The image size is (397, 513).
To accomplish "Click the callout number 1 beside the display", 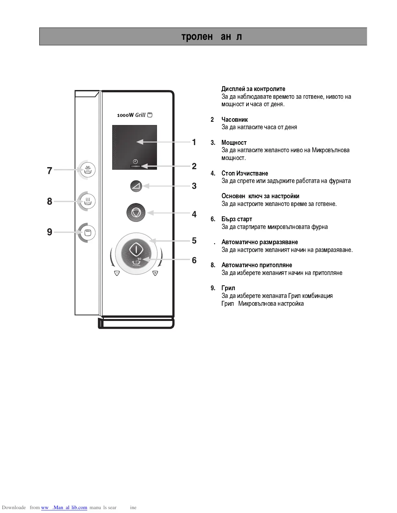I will coord(194,142).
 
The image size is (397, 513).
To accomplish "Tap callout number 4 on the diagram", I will coord(194,214).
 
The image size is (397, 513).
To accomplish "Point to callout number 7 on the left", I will coord(50,171).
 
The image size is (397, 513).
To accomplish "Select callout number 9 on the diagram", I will coord(50,232).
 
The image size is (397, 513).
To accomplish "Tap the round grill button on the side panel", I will coord(88,233).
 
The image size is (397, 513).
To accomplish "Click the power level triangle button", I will coord(136,186).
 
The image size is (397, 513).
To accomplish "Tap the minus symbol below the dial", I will coord(117,273).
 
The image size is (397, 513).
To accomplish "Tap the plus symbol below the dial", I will coord(155,273).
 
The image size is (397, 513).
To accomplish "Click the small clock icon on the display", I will coord(135,161).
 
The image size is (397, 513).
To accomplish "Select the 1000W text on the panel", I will coord(125,115).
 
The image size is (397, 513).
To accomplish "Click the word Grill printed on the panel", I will coord(140,115).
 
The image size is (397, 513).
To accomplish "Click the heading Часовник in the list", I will coord(235,120).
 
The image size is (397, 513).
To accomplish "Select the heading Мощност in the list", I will coord(234,143).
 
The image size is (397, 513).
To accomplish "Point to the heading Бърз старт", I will coord(237,219).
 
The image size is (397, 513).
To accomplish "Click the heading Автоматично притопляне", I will coord(257,265).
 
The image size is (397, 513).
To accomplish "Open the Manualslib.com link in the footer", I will coord(64,507).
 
